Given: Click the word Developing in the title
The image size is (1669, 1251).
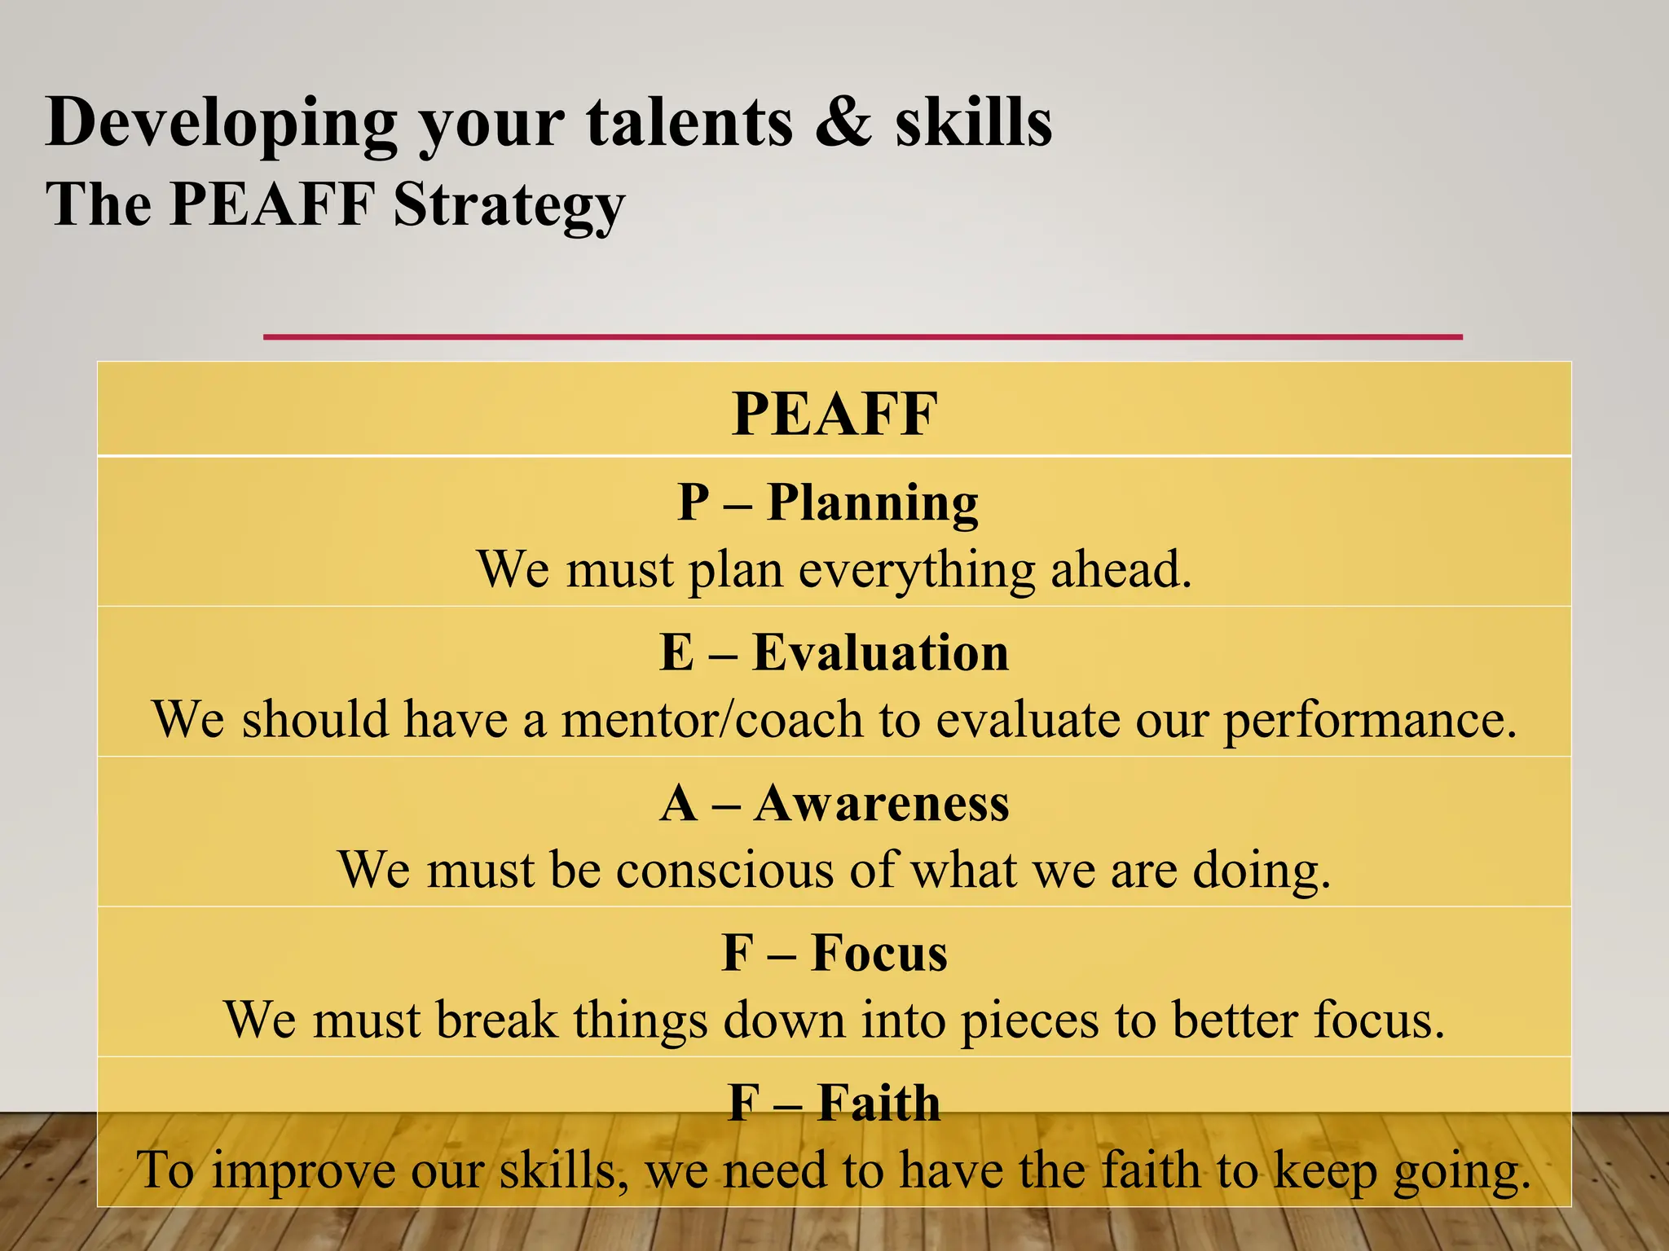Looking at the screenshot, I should pyautogui.click(x=221, y=124).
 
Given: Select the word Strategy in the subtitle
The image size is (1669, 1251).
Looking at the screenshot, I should pyautogui.click(x=509, y=204).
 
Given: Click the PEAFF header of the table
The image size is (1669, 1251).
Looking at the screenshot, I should pyautogui.click(x=834, y=414).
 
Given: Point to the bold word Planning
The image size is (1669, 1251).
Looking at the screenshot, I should pyautogui.click(x=872, y=503).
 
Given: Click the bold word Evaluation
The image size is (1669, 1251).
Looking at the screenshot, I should pyautogui.click(x=880, y=652).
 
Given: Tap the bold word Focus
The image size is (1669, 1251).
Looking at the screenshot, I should pyautogui.click(x=879, y=953).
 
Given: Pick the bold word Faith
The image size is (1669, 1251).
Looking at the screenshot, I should pyautogui.click(x=879, y=1103).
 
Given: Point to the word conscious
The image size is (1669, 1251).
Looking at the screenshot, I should pyautogui.click(x=724, y=870).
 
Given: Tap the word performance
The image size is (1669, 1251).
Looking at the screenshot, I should pyautogui.click(x=1370, y=720).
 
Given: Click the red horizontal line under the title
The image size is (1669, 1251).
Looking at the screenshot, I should pyautogui.click(x=862, y=336).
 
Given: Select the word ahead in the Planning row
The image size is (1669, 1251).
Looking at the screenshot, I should pyautogui.click(x=1121, y=569).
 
